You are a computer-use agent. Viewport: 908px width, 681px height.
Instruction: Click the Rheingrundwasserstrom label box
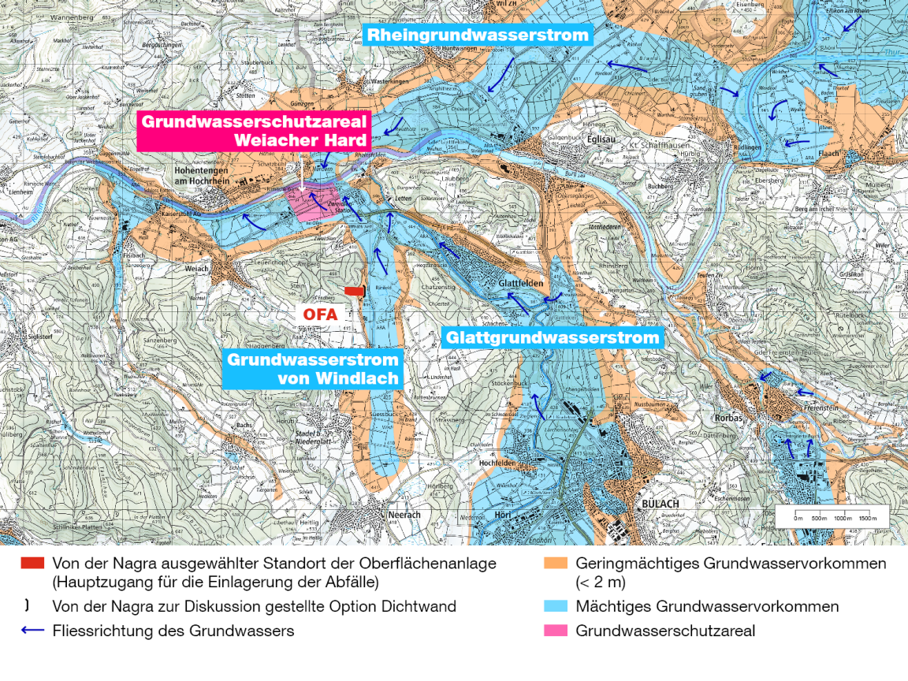(x=478, y=35)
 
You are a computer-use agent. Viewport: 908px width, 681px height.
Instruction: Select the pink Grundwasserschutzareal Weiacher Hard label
(x=254, y=131)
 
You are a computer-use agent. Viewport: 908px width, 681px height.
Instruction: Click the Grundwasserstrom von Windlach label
(x=313, y=368)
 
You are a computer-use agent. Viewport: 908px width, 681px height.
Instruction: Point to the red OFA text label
(x=321, y=314)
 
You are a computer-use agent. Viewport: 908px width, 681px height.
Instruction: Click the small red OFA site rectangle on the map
(x=355, y=292)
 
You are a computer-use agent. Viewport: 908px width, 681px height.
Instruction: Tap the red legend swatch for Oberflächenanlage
(x=32, y=564)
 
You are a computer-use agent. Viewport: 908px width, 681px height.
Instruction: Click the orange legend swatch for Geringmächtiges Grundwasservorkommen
(x=555, y=564)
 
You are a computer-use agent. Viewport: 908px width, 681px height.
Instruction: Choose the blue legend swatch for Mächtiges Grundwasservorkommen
(x=555, y=607)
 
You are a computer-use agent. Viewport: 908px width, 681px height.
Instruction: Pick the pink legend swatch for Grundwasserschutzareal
(x=555, y=631)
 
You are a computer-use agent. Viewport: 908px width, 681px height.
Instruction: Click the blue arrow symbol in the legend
(x=32, y=631)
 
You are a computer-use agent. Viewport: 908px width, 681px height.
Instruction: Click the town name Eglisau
(x=601, y=135)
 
